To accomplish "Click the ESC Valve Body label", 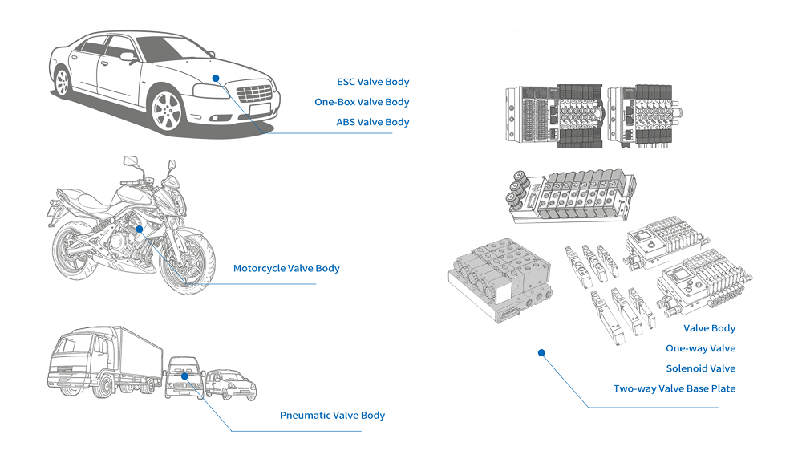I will [x=373, y=82].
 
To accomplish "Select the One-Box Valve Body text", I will [x=362, y=102].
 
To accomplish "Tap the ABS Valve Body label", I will [x=372, y=122].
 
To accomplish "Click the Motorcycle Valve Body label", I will [x=286, y=268].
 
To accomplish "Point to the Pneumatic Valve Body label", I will [x=332, y=415].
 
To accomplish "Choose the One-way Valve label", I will [x=700, y=348].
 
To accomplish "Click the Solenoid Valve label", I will [x=700, y=368].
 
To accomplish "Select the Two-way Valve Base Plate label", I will [x=674, y=388].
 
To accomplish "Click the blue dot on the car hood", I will [x=216, y=77].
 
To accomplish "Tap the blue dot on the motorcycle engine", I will [x=139, y=229].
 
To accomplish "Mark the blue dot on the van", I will [x=184, y=375].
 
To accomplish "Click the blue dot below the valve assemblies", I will [x=541, y=352].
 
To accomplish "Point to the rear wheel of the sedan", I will [x=62, y=81].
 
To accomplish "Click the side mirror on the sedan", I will [x=127, y=56].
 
